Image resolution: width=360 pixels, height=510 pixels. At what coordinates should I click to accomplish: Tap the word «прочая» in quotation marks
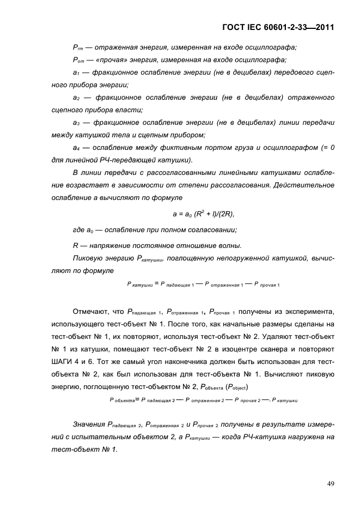109,60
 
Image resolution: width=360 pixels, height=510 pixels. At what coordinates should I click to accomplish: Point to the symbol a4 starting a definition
76,148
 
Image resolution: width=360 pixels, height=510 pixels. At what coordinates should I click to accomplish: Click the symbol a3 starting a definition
76,123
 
